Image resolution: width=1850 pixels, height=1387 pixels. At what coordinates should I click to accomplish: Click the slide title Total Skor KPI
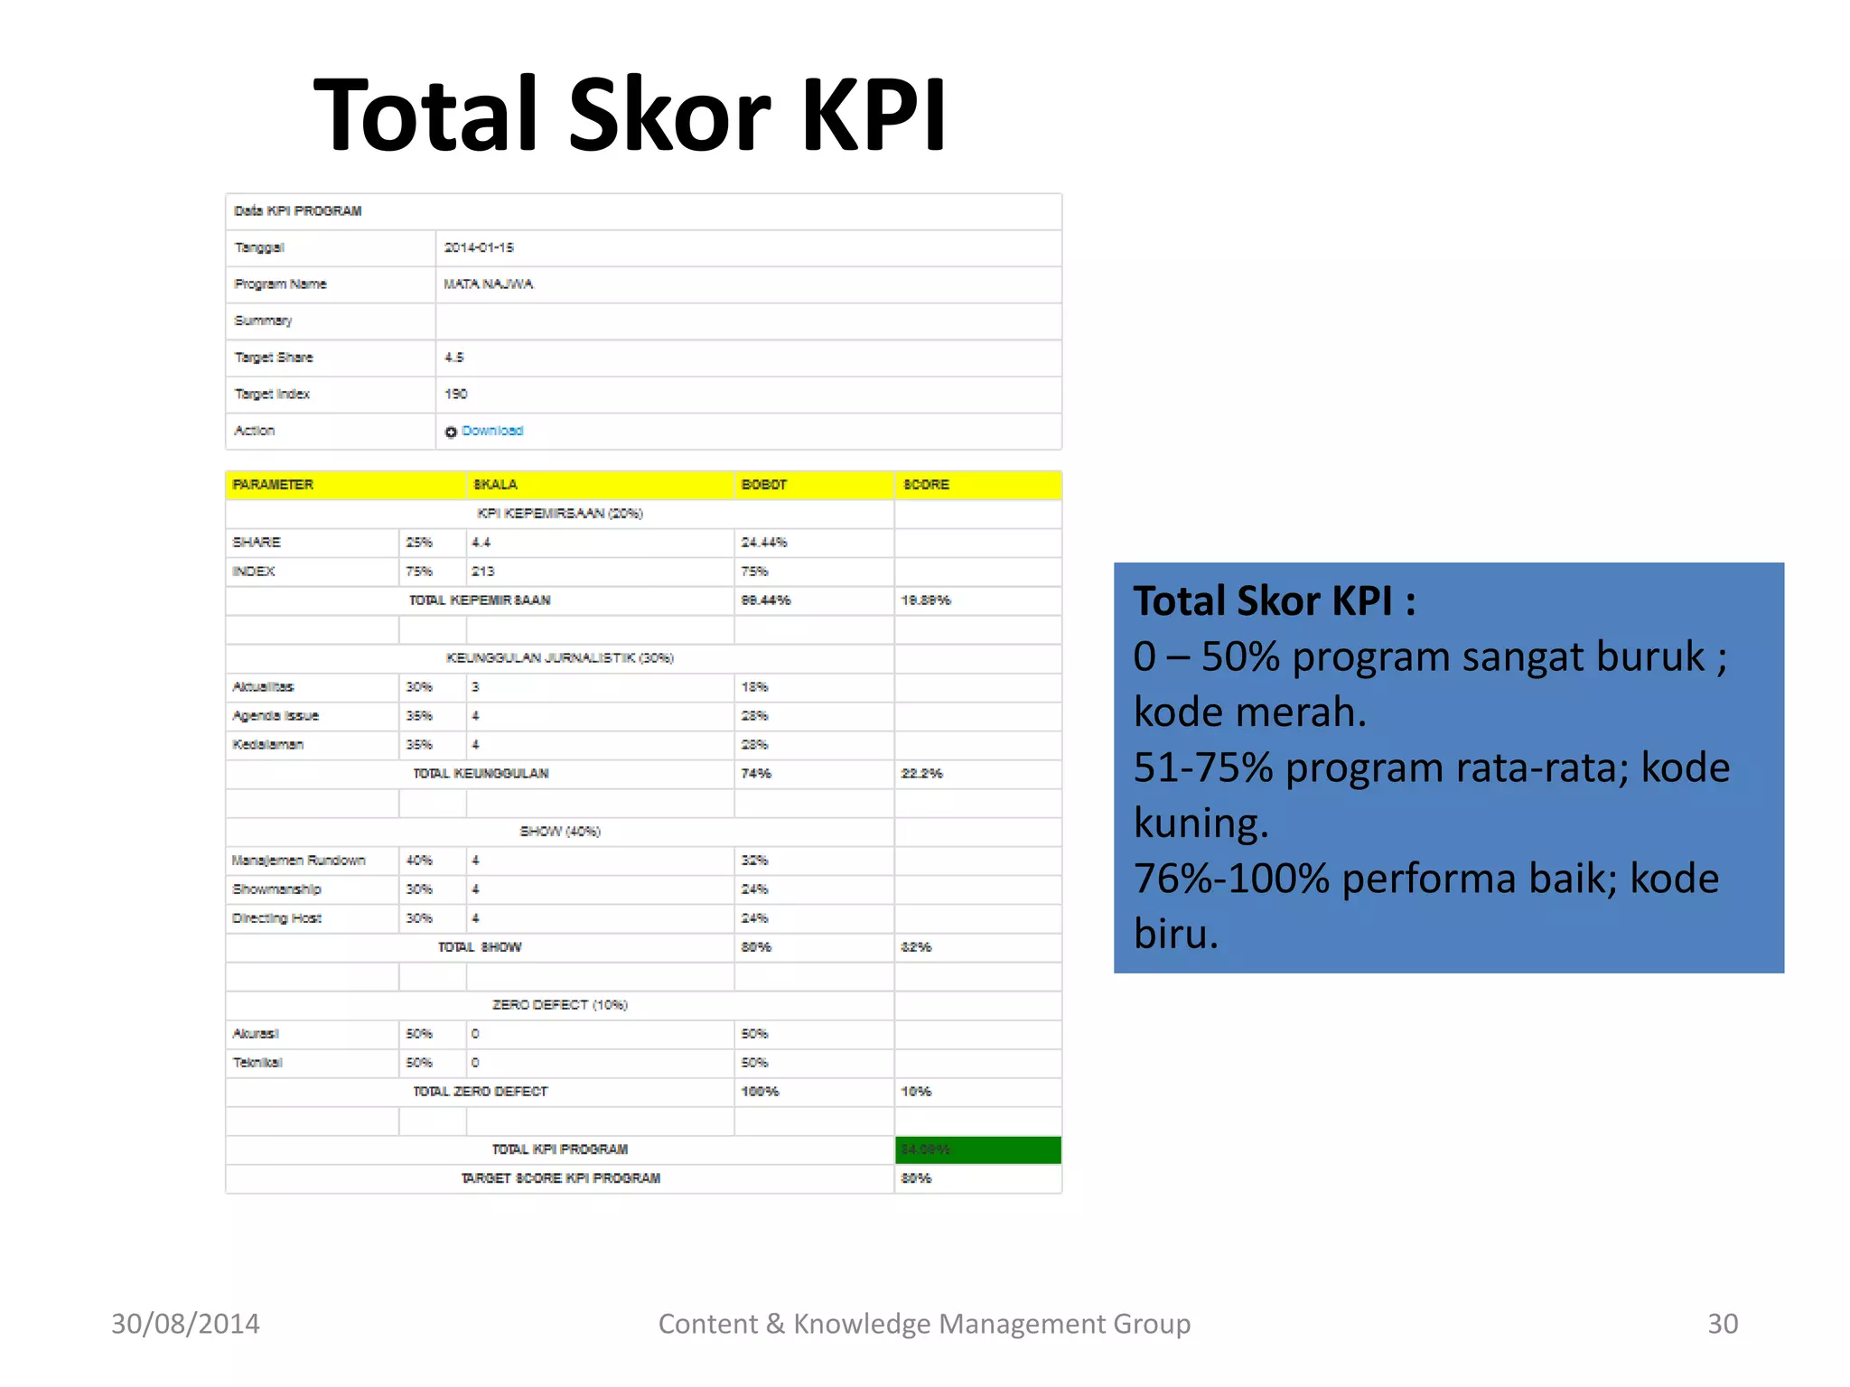[x=630, y=115]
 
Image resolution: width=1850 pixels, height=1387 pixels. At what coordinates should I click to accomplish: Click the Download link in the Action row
[x=491, y=431]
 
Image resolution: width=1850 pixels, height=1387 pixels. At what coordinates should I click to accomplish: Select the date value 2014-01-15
[x=479, y=247]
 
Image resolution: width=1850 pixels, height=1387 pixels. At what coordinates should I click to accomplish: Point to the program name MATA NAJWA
[x=488, y=284]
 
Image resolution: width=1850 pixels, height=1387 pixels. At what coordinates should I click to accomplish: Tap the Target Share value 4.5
[x=453, y=358]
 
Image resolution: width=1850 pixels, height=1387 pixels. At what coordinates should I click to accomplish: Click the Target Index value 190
[x=455, y=394]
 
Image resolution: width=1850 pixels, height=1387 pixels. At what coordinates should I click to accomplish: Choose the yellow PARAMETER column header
[x=273, y=485]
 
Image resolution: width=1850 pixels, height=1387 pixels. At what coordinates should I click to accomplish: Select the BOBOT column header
[x=763, y=485]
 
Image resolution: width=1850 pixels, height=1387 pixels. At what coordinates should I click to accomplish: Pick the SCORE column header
[x=926, y=485]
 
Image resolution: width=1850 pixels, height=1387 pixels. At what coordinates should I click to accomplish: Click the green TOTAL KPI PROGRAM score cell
[x=977, y=1150]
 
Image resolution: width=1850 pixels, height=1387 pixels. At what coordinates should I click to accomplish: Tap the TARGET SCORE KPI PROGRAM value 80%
[x=916, y=1178]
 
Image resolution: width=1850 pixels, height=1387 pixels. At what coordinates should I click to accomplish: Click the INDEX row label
[x=254, y=572]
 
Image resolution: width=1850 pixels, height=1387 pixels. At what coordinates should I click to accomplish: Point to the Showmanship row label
[x=276, y=889]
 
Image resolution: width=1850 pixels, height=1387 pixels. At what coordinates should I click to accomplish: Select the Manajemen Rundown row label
[x=298, y=861]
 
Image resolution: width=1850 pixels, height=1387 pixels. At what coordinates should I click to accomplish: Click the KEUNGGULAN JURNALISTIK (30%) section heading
[x=559, y=658]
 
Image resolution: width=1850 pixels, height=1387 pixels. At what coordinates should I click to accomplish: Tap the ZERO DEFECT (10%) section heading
[x=559, y=1005]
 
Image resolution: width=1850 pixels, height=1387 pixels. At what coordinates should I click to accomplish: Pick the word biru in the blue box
[x=1175, y=935]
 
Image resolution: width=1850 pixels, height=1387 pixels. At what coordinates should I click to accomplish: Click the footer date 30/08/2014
[x=185, y=1324]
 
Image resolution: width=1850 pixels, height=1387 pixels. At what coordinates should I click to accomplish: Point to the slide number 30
[x=1722, y=1324]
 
